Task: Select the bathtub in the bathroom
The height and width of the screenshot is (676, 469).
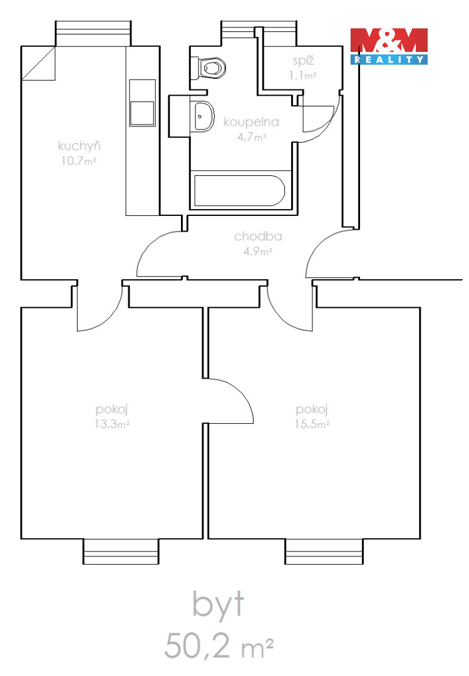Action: tap(240, 190)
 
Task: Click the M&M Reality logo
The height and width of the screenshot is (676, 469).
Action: tap(389, 46)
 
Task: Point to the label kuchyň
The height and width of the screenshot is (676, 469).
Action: tap(79, 146)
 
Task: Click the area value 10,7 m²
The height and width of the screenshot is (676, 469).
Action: tap(78, 161)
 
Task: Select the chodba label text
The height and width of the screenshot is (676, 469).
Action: tap(258, 236)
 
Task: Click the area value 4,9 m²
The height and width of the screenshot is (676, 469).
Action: tap(257, 251)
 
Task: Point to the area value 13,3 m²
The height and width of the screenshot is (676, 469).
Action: tap(112, 424)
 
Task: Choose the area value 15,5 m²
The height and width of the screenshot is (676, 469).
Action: tap(312, 424)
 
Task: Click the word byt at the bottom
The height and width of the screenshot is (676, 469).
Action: tap(218, 605)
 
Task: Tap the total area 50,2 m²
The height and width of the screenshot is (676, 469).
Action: tap(219, 645)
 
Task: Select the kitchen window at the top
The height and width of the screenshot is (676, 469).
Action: tap(93, 33)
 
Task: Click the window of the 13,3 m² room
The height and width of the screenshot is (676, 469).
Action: tap(121, 551)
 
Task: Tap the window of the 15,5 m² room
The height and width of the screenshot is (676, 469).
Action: tap(324, 551)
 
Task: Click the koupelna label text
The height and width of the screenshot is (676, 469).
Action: tap(251, 122)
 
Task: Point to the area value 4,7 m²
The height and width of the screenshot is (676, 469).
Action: tap(251, 138)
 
